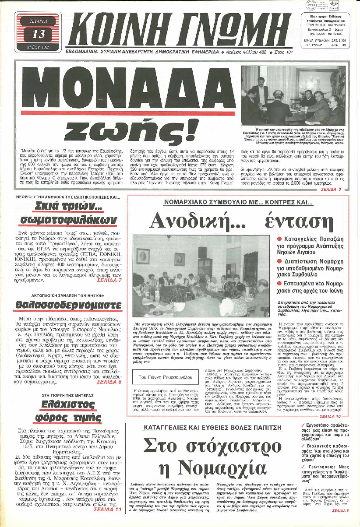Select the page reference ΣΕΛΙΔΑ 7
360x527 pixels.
[109, 280]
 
